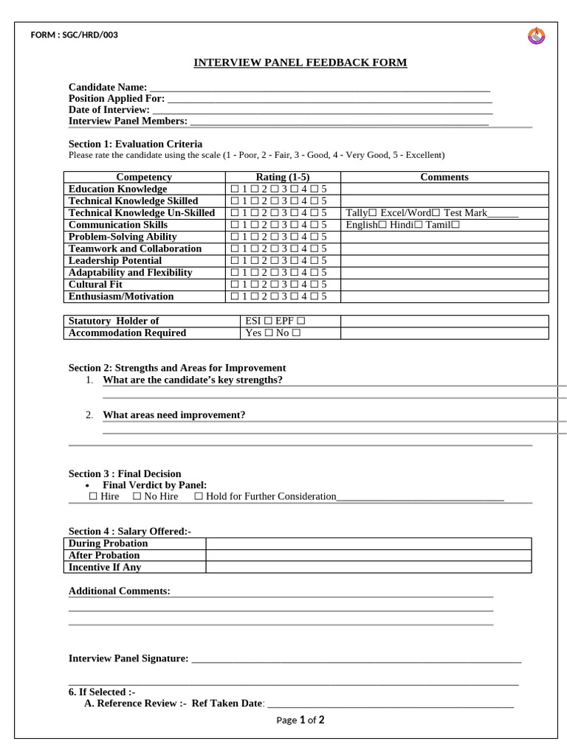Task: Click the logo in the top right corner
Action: (536, 35)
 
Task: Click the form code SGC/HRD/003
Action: (74, 35)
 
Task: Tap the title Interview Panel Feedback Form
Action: (300, 63)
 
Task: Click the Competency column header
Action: (144, 177)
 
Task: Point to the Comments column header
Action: (444, 177)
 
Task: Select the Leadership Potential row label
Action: (114, 260)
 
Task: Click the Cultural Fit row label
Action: (95, 284)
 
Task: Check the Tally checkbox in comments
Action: (373, 213)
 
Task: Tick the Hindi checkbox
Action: (419, 225)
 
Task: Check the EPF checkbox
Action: (301, 321)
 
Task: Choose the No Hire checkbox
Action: (137, 497)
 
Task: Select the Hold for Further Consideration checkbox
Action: (199, 497)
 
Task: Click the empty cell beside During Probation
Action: (368, 543)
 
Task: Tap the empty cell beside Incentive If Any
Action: (368, 567)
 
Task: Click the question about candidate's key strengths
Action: (192, 380)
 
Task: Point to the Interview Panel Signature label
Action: (128, 658)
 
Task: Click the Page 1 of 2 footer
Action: (300, 720)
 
